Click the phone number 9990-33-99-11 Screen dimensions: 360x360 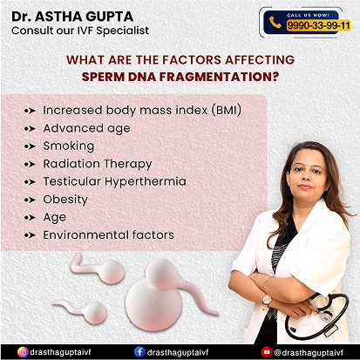pyautogui.click(x=318, y=26)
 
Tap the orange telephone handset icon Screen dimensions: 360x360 pyautogui.click(x=275, y=23)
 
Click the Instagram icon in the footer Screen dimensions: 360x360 pyautogui.click(x=23, y=352)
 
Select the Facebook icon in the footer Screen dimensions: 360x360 pyautogui.click(x=139, y=352)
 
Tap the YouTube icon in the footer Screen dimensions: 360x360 pyautogui.click(x=267, y=352)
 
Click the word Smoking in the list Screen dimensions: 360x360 pyautogui.click(x=69, y=146)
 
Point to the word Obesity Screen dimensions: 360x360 pyautogui.click(x=65, y=200)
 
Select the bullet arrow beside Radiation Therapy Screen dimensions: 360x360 pyautogui.click(x=31, y=164)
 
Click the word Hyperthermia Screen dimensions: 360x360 pyautogui.click(x=146, y=182)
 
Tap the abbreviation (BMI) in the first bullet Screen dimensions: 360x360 pyautogui.click(x=227, y=111)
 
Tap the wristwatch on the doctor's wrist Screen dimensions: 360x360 pyautogui.click(x=267, y=300)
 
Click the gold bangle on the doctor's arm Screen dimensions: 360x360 pyautogui.click(x=266, y=281)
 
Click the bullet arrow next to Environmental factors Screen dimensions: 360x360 pyautogui.click(x=31, y=235)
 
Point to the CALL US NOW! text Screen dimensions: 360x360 pyautogui.click(x=308, y=15)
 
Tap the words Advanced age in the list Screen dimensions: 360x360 pyautogui.click(x=86, y=129)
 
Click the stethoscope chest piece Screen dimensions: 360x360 pyautogui.click(x=326, y=315)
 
